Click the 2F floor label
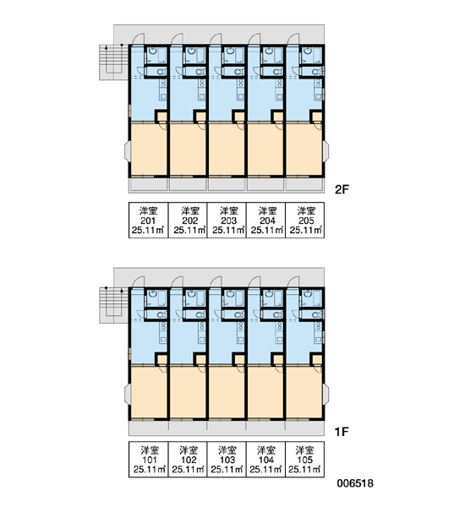click(342, 189)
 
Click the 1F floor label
click(342, 431)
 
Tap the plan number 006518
click(355, 483)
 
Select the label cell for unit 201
click(149, 221)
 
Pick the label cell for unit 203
click(227, 221)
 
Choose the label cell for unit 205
click(305, 221)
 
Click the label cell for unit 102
click(188, 459)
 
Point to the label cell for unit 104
click(265, 459)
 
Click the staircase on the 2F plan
click(113, 62)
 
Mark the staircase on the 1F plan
click(113, 305)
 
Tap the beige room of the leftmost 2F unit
click(149, 150)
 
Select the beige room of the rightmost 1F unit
click(304, 392)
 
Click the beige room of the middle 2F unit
click(227, 150)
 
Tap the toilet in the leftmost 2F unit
click(161, 72)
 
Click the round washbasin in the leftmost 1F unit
click(153, 293)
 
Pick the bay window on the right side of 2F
click(326, 151)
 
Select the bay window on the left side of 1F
click(127, 394)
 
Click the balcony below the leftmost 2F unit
click(148, 185)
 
